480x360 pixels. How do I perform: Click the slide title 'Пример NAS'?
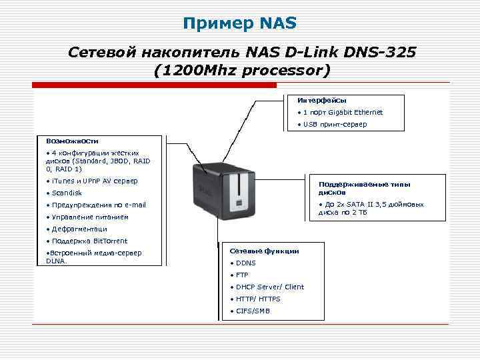click(x=240, y=25)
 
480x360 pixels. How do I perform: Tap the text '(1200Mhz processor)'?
click(x=241, y=69)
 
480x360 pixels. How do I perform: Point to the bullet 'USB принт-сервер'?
click(x=334, y=124)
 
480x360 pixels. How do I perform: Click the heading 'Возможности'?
click(x=72, y=141)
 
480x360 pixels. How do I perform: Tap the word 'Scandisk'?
click(x=67, y=193)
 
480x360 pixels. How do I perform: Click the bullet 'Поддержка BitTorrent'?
click(x=89, y=241)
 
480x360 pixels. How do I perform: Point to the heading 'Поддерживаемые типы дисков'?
click(x=364, y=188)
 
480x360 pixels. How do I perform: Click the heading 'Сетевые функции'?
click(x=264, y=251)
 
